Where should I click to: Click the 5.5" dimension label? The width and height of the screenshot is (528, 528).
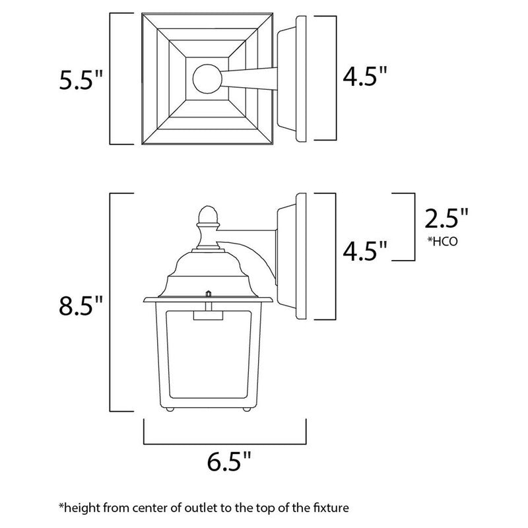click(81, 80)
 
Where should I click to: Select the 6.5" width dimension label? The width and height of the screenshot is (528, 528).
click(225, 461)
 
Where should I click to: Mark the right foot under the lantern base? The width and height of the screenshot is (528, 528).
click(246, 411)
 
